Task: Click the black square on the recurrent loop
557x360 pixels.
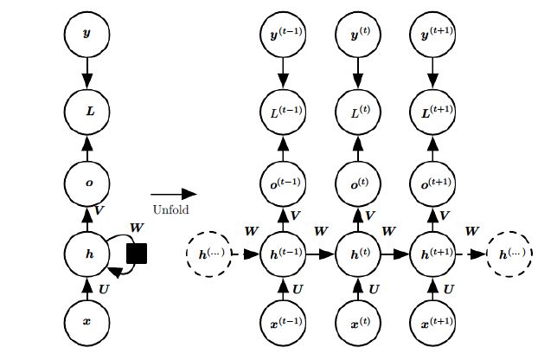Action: (136, 254)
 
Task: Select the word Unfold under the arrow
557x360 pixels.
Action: (170, 209)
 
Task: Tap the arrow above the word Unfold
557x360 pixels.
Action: (173, 195)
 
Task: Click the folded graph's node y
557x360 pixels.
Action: (86, 35)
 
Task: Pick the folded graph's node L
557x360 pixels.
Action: (86, 110)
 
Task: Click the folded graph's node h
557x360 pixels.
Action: (86, 254)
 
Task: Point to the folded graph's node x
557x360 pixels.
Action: (86, 321)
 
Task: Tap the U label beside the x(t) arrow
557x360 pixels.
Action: (373, 287)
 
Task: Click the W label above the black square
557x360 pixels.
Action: (136, 228)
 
